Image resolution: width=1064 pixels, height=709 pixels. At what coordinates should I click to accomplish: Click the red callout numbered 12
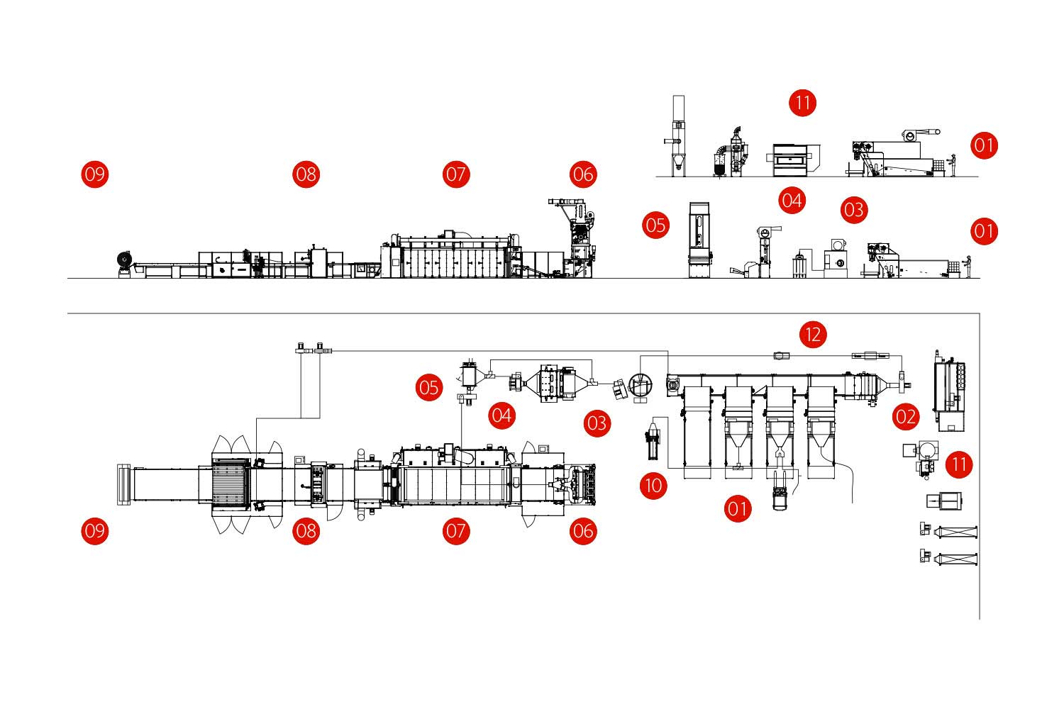[813, 335]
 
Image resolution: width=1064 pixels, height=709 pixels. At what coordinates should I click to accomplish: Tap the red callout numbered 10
[653, 486]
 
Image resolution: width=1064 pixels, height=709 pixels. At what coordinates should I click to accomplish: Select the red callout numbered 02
[905, 417]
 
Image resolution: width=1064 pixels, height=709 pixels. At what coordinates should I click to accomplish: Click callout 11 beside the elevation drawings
[802, 103]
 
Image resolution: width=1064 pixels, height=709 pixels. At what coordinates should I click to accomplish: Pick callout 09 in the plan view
[94, 530]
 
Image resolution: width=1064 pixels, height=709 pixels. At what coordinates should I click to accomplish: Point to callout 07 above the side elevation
[456, 174]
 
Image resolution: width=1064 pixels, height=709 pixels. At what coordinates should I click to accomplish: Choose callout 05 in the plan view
[429, 388]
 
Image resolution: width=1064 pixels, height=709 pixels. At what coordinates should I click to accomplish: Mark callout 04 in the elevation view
[792, 201]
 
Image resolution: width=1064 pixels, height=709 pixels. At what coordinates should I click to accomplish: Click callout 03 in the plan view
[597, 423]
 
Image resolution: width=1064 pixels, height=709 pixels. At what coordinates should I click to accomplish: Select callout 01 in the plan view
[737, 508]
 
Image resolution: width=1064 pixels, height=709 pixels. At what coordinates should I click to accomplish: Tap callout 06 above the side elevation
[583, 174]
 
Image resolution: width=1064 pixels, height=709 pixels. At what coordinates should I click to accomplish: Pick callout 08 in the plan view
[306, 530]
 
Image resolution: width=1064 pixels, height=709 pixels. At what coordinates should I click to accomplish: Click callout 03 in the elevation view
[853, 210]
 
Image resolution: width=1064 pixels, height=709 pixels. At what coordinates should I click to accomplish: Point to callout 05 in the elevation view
[655, 225]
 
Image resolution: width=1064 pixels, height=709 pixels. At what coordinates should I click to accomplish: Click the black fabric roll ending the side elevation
[124, 260]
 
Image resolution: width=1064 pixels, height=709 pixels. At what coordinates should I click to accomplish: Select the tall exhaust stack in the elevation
[678, 136]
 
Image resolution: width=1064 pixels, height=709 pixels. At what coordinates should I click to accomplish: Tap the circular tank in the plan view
[640, 386]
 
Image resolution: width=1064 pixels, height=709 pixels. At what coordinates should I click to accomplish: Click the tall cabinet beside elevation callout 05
[699, 240]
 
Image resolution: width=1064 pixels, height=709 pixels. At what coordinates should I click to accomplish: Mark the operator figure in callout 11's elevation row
[953, 164]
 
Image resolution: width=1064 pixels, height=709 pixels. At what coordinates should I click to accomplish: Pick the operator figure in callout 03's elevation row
[968, 267]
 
